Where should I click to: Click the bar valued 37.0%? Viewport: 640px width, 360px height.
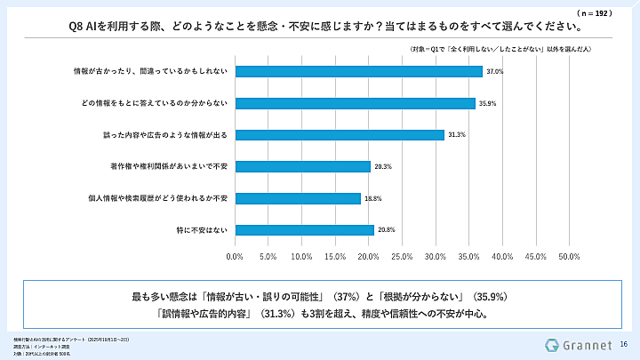[358, 71]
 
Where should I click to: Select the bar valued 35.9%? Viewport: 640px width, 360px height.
[355, 103]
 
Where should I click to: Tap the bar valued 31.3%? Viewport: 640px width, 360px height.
[340, 135]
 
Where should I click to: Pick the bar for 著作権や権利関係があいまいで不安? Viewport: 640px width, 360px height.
[303, 166]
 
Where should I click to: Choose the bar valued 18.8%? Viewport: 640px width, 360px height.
[298, 198]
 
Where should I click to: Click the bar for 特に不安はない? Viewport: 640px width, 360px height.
[305, 230]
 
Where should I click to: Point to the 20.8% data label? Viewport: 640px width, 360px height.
[385, 230]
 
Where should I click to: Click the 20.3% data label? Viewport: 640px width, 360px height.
[381, 166]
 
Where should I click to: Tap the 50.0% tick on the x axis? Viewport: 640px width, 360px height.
[569, 257]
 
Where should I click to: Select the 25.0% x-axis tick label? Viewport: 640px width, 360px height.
[402, 257]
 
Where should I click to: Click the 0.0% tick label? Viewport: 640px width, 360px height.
[236, 257]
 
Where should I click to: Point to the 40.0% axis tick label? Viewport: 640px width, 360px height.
[502, 257]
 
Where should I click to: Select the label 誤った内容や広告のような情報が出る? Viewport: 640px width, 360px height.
[164, 135]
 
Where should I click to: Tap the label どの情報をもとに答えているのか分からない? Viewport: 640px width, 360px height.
[155, 103]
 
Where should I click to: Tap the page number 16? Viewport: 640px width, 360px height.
[624, 344]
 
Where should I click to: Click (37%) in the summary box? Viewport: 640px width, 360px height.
[347, 296]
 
